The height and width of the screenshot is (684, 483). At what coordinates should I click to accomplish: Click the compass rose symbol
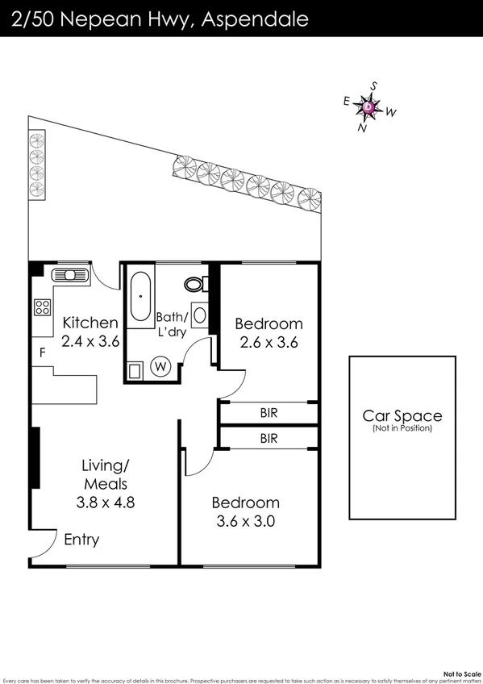point(368,106)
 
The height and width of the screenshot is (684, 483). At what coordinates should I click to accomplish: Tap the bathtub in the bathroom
point(140,296)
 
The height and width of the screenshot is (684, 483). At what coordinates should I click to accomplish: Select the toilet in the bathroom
point(194,284)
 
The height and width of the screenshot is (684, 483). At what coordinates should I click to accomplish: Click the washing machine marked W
point(160,367)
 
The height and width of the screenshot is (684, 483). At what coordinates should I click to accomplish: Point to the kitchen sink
point(69,275)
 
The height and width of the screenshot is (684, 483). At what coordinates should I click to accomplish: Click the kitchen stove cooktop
point(42,307)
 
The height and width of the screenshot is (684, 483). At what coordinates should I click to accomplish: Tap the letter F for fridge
point(42,352)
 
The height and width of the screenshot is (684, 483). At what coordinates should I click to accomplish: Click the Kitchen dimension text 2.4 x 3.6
point(90,341)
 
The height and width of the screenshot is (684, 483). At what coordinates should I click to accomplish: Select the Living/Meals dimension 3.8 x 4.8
point(105,501)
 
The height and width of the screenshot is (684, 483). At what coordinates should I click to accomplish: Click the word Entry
point(81,540)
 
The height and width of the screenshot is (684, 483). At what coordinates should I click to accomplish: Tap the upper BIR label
point(269,412)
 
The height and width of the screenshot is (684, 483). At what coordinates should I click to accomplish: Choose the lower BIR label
point(269,439)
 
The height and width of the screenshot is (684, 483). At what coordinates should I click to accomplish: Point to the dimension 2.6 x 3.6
point(269,341)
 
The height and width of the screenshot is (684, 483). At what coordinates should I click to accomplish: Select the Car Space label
point(402,415)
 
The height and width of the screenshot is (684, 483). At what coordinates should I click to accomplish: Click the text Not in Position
point(402,428)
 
